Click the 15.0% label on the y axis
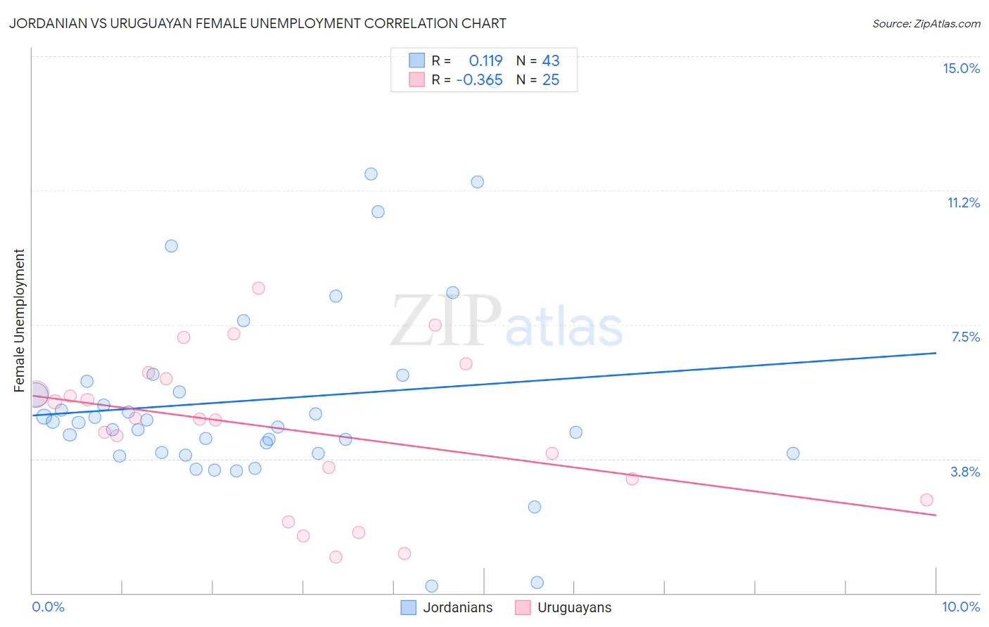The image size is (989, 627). pos(961,68)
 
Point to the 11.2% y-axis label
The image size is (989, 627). pos(963,202)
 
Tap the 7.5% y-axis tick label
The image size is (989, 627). pos(965,337)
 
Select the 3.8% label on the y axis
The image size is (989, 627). pos(965,472)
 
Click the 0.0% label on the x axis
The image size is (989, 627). pos(49,607)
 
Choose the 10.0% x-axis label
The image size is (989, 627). pos(960,607)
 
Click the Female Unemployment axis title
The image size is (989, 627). pos(20,321)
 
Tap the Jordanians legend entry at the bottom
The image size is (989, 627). pos(447,607)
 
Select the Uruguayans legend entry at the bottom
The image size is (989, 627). pos(563,607)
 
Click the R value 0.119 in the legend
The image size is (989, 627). pos(485,61)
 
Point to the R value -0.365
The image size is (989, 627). pos(479,80)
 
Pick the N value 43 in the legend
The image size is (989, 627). pos(551,61)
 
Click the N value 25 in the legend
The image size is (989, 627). pos(551,80)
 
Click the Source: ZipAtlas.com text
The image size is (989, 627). pos(926,24)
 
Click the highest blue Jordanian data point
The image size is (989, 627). pos(371,174)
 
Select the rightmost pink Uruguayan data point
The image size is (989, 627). pos(926,500)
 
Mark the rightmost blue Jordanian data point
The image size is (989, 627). pos(793,453)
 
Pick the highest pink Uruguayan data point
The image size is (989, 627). pos(258,288)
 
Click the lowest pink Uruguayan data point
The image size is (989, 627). pos(336,557)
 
